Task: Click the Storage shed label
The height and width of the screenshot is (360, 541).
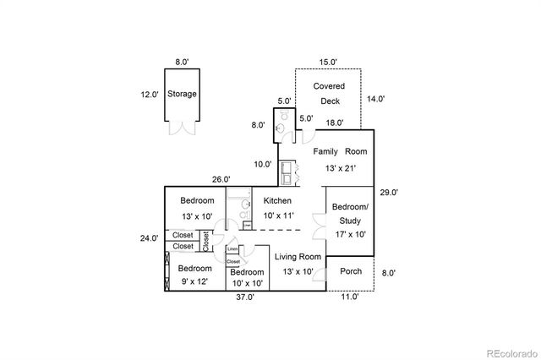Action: click(182, 94)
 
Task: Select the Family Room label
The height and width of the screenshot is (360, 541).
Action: click(342, 151)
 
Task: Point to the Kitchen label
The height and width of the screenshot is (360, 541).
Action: click(277, 201)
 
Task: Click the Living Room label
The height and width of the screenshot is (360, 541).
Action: click(298, 257)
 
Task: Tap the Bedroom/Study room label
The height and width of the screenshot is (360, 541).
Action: click(349, 213)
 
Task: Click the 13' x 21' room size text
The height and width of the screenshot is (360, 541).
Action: click(342, 168)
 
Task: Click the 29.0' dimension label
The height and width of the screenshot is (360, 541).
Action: click(389, 193)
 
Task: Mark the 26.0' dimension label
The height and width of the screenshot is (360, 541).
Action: click(221, 179)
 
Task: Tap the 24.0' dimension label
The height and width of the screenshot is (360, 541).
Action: click(149, 238)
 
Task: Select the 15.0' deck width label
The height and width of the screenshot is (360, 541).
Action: click(329, 62)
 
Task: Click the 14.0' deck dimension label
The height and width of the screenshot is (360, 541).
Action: click(375, 99)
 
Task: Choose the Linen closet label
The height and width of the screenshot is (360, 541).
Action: click(232, 249)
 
